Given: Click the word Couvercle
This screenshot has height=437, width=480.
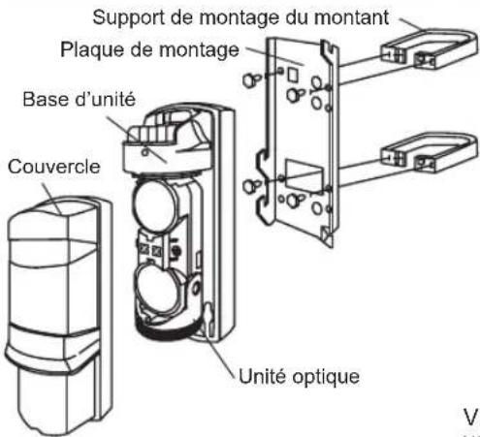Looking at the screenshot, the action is click(54, 167).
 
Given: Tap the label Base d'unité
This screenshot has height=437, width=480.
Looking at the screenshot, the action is click(80, 99).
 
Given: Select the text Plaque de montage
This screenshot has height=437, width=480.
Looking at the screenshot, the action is click(149, 50).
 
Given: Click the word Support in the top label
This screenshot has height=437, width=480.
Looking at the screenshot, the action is click(129, 18).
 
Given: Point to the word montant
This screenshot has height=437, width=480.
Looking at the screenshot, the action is click(352, 17).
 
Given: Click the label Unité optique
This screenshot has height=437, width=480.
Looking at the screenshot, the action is click(299, 377).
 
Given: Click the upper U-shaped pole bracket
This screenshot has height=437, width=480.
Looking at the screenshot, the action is click(430, 48).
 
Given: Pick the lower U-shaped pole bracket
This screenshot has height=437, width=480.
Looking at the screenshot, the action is click(430, 152).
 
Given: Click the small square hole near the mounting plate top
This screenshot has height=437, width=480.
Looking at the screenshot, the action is click(293, 75).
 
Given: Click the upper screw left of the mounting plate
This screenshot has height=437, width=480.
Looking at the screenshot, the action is click(250, 79).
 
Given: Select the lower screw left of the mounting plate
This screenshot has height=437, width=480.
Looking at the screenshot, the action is click(251, 186).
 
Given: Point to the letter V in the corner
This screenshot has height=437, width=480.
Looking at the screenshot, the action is click(470, 418).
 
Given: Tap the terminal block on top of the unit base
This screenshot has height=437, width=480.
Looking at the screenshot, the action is click(152, 134).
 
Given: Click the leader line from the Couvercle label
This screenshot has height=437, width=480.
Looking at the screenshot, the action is click(51, 198).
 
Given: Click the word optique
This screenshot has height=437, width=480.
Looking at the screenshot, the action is click(326, 377).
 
